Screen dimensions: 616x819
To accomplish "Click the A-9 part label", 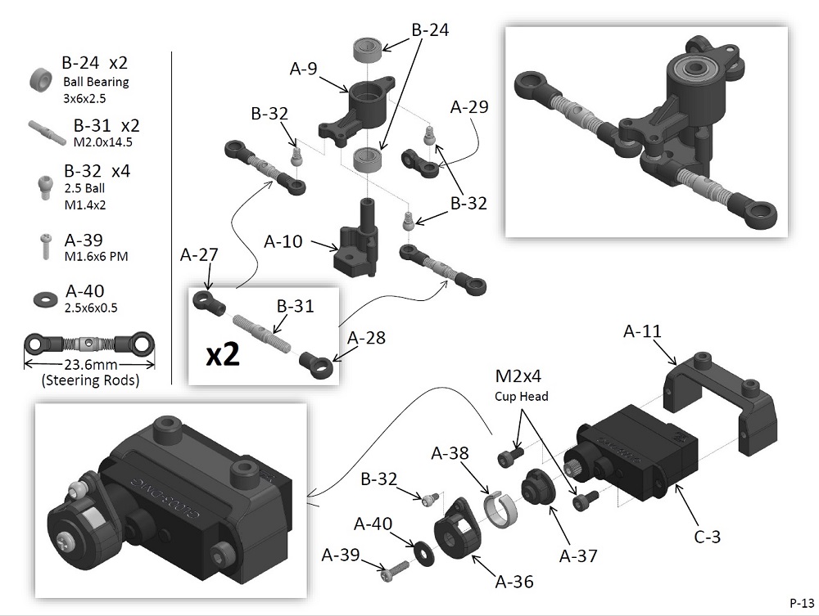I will tap(303, 70).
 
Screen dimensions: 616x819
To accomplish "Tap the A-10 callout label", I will tap(283, 242).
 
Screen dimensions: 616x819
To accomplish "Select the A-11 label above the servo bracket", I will tap(642, 332).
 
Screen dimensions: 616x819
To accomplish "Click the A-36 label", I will tap(514, 582).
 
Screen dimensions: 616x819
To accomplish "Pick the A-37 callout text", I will tap(577, 556).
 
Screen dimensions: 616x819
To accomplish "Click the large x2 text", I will tap(224, 355).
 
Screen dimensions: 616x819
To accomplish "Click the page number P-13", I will tap(802, 602).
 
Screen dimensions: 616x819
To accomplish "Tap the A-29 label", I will tap(469, 107).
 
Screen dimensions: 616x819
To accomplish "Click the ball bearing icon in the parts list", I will tap(38, 79).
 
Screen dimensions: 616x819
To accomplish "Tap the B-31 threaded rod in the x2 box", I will tap(261, 332).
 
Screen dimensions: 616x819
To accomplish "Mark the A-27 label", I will tap(199, 255).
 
